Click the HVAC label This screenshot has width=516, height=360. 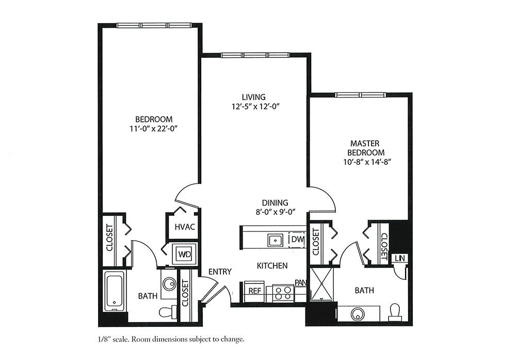(185, 227)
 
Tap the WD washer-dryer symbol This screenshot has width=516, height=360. (184, 254)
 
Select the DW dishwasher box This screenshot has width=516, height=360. (297, 240)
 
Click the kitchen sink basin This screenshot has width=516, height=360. (275, 240)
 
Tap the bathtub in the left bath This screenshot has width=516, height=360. (115, 291)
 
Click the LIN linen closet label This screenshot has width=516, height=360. (400, 258)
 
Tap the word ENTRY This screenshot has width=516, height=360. (220, 271)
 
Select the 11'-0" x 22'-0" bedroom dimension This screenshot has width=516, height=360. (154, 129)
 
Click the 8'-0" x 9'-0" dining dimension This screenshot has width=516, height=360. (275, 212)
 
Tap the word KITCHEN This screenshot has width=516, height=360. (272, 265)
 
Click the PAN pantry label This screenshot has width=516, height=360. (300, 283)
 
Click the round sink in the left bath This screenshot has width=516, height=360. (169, 283)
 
